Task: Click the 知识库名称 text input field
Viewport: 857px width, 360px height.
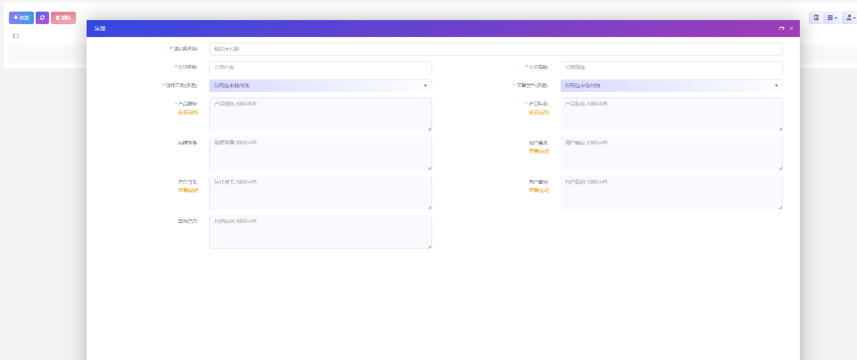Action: pos(495,49)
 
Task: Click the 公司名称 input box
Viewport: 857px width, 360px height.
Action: pos(320,67)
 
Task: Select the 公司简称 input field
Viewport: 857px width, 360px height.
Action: pos(671,67)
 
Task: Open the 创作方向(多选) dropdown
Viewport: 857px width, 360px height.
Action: pos(320,86)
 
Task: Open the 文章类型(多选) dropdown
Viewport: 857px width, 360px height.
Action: pos(671,86)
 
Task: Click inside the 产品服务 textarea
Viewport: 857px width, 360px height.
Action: pos(320,115)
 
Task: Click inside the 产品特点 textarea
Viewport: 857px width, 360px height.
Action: pos(671,115)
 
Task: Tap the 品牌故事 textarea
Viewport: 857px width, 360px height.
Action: pos(320,153)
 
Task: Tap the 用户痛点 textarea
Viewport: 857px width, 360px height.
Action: pos(671,153)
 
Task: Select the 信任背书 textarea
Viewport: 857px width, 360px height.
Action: pos(320,193)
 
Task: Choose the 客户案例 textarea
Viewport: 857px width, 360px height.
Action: pos(671,193)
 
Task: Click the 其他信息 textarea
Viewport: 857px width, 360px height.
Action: pos(320,232)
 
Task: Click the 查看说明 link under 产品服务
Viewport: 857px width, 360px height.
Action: pos(188,112)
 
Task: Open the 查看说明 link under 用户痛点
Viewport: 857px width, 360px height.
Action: pos(539,151)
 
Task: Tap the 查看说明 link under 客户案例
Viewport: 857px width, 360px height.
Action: pos(539,190)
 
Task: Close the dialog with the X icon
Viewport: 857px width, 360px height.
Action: pos(791,29)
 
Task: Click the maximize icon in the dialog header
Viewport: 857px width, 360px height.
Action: pos(782,29)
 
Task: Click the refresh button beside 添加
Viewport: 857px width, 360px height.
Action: pos(42,18)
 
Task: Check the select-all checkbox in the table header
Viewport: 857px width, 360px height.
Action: pos(16,36)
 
